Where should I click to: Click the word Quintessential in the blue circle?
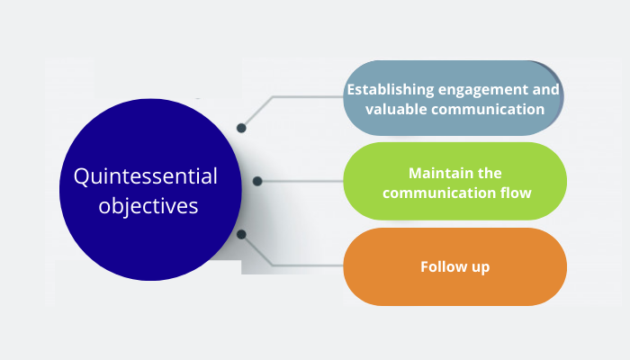[x=151, y=175]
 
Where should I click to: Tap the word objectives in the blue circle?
[x=150, y=205]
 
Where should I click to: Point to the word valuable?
[x=398, y=109]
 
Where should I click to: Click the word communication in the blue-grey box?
[x=489, y=109]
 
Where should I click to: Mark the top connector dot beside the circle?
[x=240, y=128]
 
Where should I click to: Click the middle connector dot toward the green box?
[x=257, y=181]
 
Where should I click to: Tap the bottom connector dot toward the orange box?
[x=240, y=234]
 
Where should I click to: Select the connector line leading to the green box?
[x=301, y=181]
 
